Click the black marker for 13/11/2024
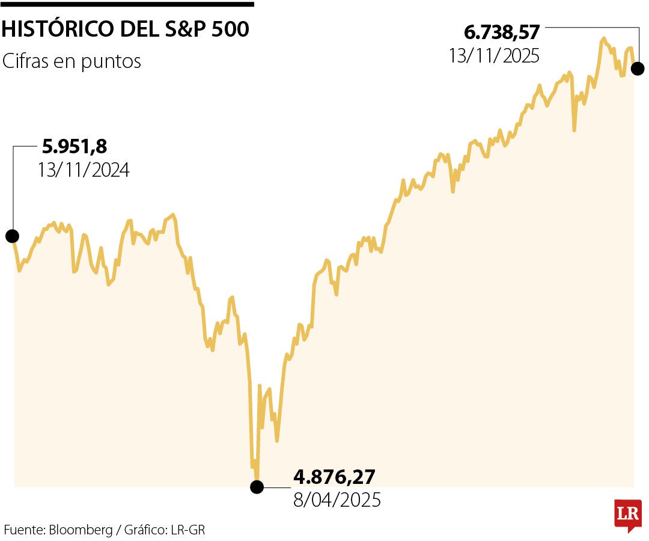coord(12,236)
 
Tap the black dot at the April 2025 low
coord(257,486)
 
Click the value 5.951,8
coord(75,147)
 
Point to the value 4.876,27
coord(334,477)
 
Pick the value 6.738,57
coord(502,32)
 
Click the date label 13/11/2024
coord(84,170)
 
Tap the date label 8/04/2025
coord(337,500)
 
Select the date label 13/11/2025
coord(494,55)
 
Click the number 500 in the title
coord(230,29)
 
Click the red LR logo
coord(628,515)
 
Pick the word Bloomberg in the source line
coord(81,530)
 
